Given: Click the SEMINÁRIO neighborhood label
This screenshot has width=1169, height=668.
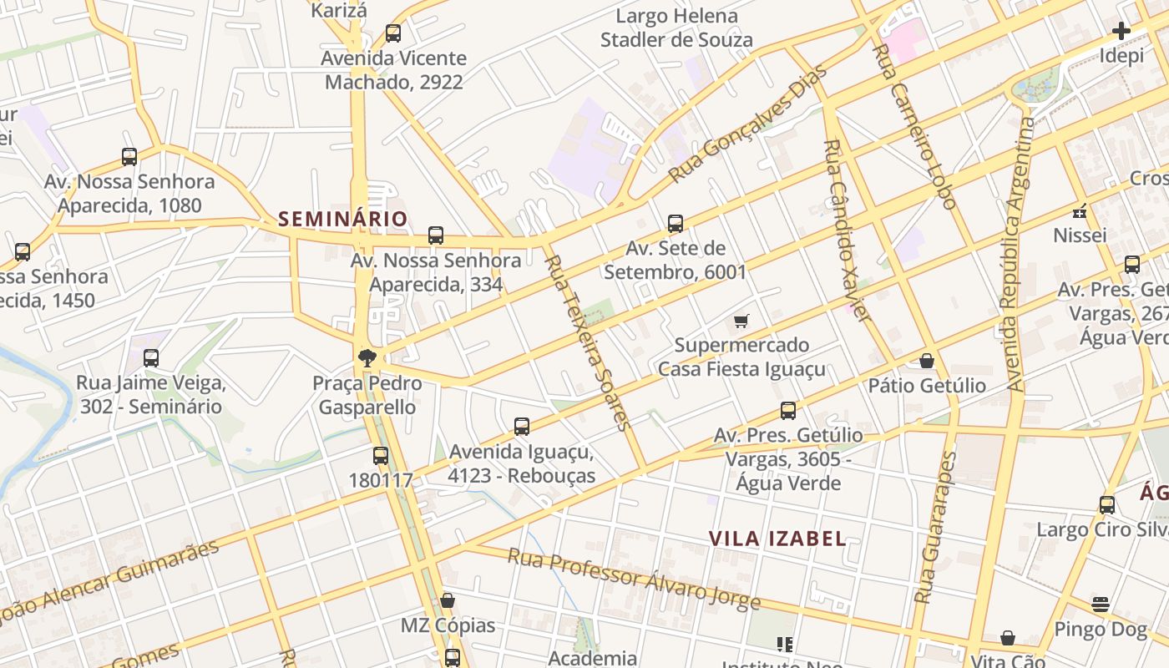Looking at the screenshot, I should pyautogui.click(x=342, y=219).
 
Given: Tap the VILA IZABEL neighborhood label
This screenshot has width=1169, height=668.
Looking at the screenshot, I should pyautogui.click(x=777, y=539).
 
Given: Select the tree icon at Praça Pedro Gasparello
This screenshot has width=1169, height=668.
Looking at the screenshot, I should pyautogui.click(x=366, y=359).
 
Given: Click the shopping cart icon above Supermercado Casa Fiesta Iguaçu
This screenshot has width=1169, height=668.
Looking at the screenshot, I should pyautogui.click(x=741, y=321).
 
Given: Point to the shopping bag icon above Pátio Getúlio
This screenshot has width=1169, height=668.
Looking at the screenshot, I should pyautogui.click(x=926, y=361).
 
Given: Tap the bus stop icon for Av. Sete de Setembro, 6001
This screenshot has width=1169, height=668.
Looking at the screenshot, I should pyautogui.click(x=676, y=224).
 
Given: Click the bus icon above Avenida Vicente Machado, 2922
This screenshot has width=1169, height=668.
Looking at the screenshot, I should pyautogui.click(x=393, y=33).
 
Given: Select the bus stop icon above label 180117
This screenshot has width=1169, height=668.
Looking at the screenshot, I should pyautogui.click(x=381, y=456).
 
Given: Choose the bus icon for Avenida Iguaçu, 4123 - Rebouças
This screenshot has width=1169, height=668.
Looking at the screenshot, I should pyautogui.click(x=522, y=427).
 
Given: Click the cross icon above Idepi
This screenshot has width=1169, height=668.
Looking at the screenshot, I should pyautogui.click(x=1121, y=32).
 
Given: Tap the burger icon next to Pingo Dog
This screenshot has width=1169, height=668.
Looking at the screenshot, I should pyautogui.click(x=1101, y=605).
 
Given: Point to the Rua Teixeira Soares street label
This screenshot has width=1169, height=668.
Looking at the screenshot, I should pyautogui.click(x=587, y=342).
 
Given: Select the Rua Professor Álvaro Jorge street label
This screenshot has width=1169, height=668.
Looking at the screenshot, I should pyautogui.click(x=634, y=579).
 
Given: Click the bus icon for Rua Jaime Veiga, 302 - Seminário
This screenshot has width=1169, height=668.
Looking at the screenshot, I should pyautogui.click(x=151, y=358).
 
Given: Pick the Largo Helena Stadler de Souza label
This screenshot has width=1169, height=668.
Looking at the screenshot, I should pyautogui.click(x=676, y=28).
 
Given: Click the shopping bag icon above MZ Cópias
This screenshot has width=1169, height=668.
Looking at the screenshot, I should pyautogui.click(x=448, y=600).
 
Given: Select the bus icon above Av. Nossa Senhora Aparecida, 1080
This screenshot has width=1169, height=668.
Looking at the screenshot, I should pyautogui.click(x=129, y=156).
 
